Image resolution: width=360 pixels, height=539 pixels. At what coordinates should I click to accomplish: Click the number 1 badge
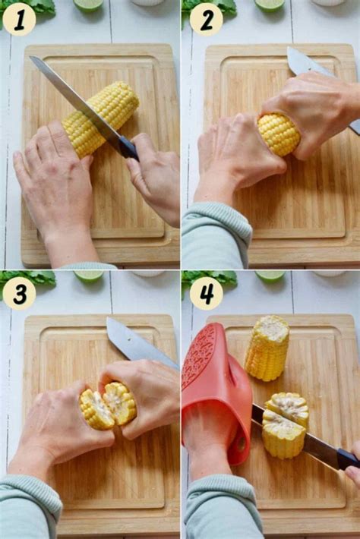coord(19,20)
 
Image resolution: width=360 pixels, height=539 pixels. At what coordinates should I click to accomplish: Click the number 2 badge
coord(206,20)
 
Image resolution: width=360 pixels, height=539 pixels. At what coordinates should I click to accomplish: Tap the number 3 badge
coord(19,293)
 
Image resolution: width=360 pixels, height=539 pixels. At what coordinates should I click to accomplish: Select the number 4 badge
coord(206,293)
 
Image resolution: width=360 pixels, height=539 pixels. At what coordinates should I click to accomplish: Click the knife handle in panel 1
coord(128,148)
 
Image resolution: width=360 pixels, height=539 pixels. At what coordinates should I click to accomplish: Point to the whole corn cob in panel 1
coord(100,118)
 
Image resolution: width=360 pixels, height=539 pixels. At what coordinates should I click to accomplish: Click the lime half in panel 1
coord(88,5)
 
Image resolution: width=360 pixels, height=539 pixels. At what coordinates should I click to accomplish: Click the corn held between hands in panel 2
coord(279,134)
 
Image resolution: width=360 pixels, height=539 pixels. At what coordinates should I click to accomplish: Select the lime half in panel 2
coord(270,5)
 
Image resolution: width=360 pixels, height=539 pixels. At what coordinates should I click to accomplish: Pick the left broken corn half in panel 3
coord(96,410)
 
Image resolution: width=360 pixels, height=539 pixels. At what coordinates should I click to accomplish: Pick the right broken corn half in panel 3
coord(120,403)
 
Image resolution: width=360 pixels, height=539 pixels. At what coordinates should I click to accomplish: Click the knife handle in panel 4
coord(348,459)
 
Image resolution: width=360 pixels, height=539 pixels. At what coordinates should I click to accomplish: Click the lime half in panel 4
coord(270,276)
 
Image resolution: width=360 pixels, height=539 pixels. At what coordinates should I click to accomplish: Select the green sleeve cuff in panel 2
coord(216,235)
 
